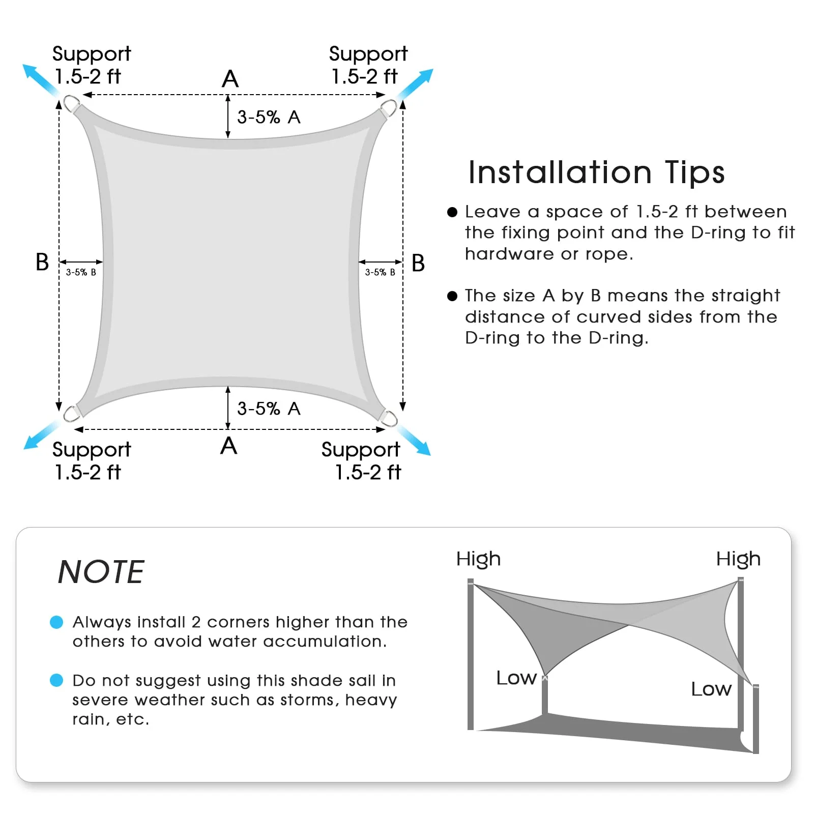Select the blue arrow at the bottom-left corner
pyautogui.click(x=41, y=435)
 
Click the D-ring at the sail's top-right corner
pyautogui.click(x=389, y=109)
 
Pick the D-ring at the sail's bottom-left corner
pyautogui.click(x=72, y=413)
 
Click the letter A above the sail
pyautogui.click(x=230, y=79)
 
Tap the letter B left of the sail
pyautogui.click(x=42, y=262)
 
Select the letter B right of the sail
pyautogui.click(x=418, y=263)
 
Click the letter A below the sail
pyautogui.click(x=229, y=446)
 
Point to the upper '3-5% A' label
pyautogui.click(x=269, y=117)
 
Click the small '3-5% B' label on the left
pyautogui.click(x=81, y=272)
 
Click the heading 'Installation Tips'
pyautogui.click(x=596, y=172)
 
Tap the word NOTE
pyautogui.click(x=101, y=572)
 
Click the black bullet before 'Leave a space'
pyautogui.click(x=452, y=212)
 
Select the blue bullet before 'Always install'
pyautogui.click(x=56, y=622)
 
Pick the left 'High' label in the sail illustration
pyautogui.click(x=478, y=559)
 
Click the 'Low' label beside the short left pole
pyautogui.click(x=516, y=678)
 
